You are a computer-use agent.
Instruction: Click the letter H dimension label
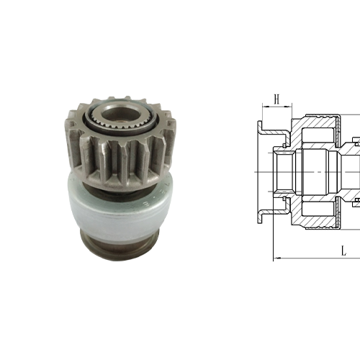(276, 99)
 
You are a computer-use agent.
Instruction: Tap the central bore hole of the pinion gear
(115, 114)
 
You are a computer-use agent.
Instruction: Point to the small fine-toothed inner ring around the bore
(115, 125)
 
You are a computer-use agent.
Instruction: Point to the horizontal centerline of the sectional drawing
(317, 173)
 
